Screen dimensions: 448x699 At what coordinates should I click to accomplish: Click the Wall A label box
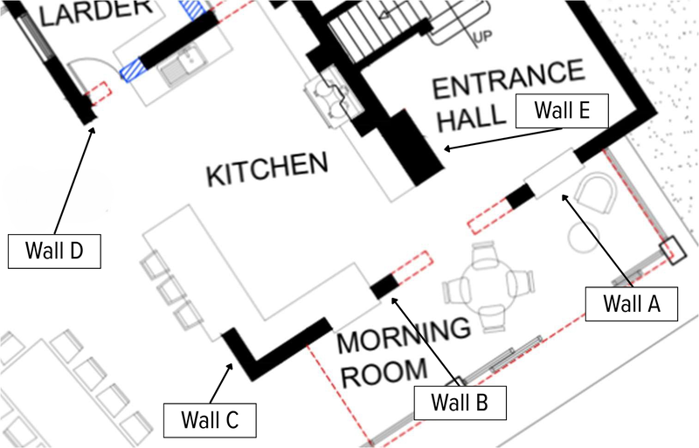[x=628, y=304]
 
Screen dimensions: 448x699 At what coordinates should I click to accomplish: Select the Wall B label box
[x=458, y=403]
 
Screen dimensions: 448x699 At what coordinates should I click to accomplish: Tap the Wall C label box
[x=209, y=420]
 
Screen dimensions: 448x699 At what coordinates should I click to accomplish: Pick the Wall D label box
[x=54, y=251]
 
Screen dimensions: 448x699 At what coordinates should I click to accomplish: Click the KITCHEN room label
[x=266, y=169]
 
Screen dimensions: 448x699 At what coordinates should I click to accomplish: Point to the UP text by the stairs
[x=481, y=38]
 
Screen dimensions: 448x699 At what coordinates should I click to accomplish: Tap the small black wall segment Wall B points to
[x=384, y=286]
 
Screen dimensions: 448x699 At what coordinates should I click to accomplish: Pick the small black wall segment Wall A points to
[x=521, y=196]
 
